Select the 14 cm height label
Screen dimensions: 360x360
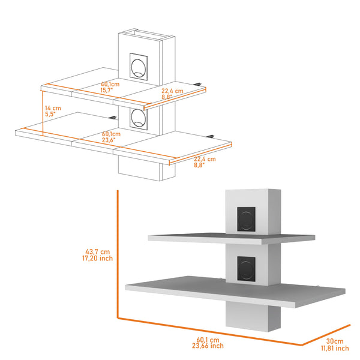pos(53,109)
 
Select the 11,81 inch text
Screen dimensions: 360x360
pos(334,348)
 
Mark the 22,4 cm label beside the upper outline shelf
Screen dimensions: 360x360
pos(172,91)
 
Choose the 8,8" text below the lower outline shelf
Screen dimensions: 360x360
pos(199,165)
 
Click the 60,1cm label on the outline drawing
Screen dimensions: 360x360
pos(109,134)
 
